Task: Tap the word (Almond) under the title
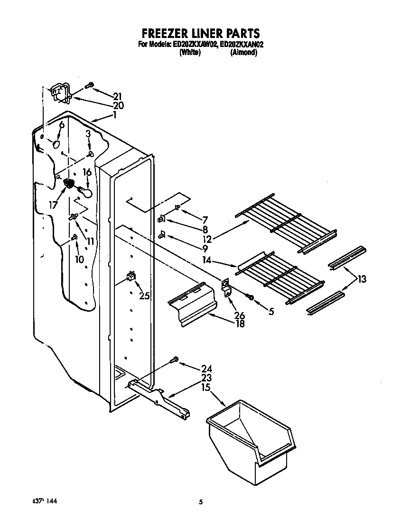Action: click(243, 53)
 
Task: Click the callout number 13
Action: click(362, 279)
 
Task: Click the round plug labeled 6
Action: click(56, 143)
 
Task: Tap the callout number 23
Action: click(206, 378)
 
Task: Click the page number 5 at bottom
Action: click(201, 502)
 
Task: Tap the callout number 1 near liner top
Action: click(114, 116)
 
